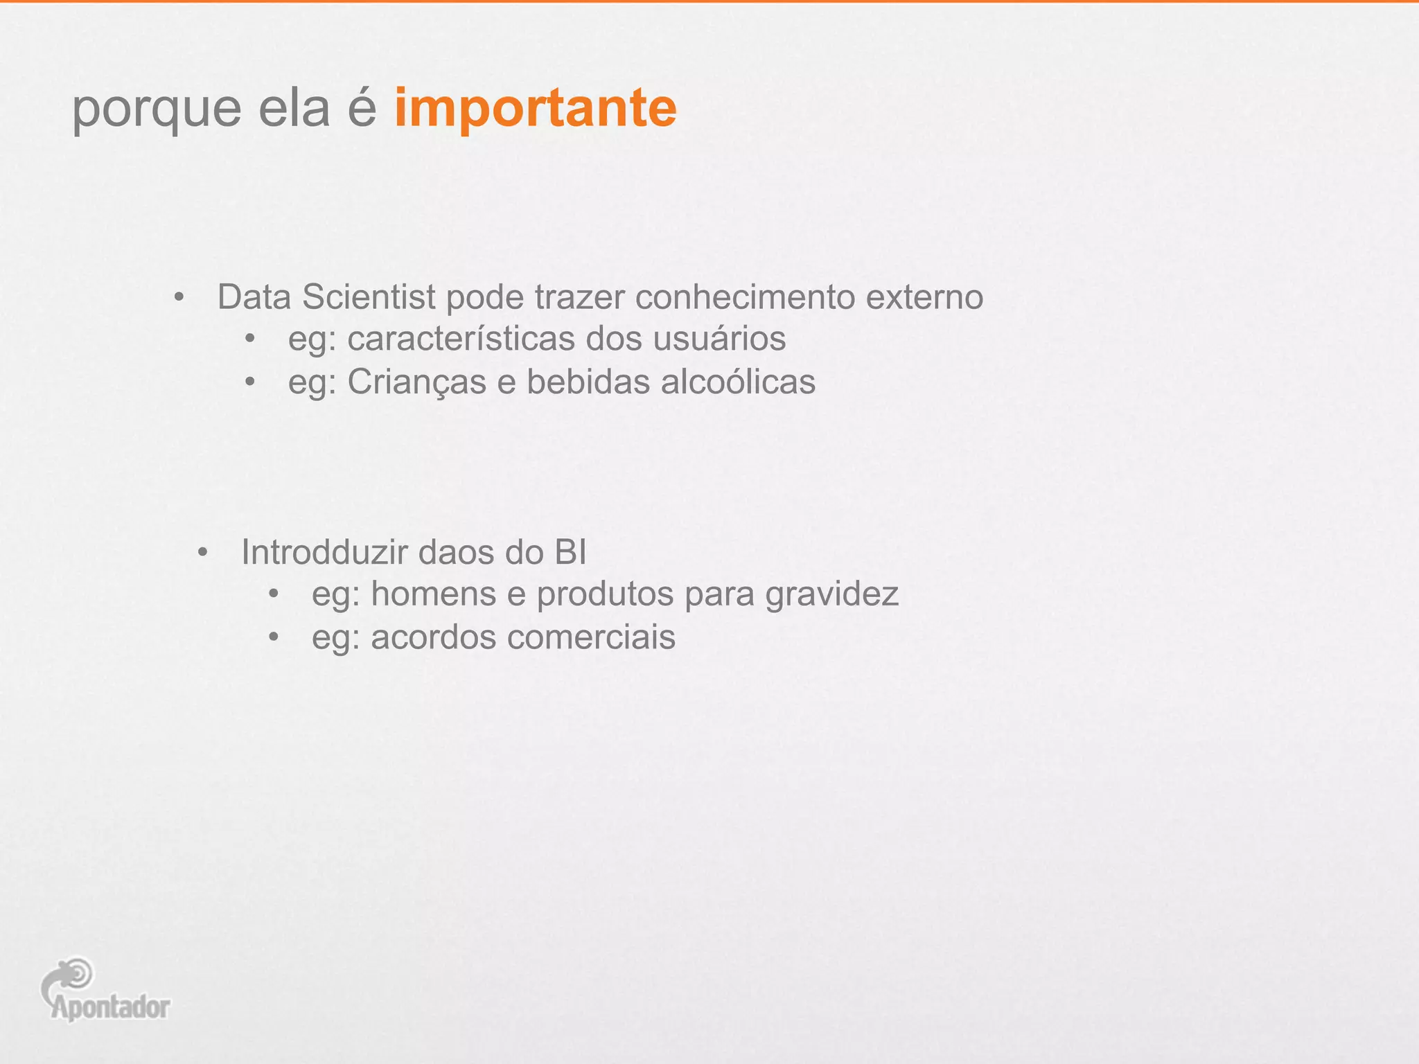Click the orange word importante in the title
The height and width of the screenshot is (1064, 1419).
click(535, 109)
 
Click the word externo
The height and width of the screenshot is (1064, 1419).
click(924, 297)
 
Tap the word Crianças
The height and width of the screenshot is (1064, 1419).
click(416, 382)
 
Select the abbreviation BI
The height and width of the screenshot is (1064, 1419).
click(570, 553)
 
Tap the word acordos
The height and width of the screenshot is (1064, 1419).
click(433, 637)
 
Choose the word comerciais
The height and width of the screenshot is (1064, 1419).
click(591, 637)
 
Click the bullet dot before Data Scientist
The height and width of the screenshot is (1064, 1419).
click(179, 298)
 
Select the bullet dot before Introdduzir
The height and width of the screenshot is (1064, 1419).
click(202, 553)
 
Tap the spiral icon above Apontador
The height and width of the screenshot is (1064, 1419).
click(78, 973)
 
